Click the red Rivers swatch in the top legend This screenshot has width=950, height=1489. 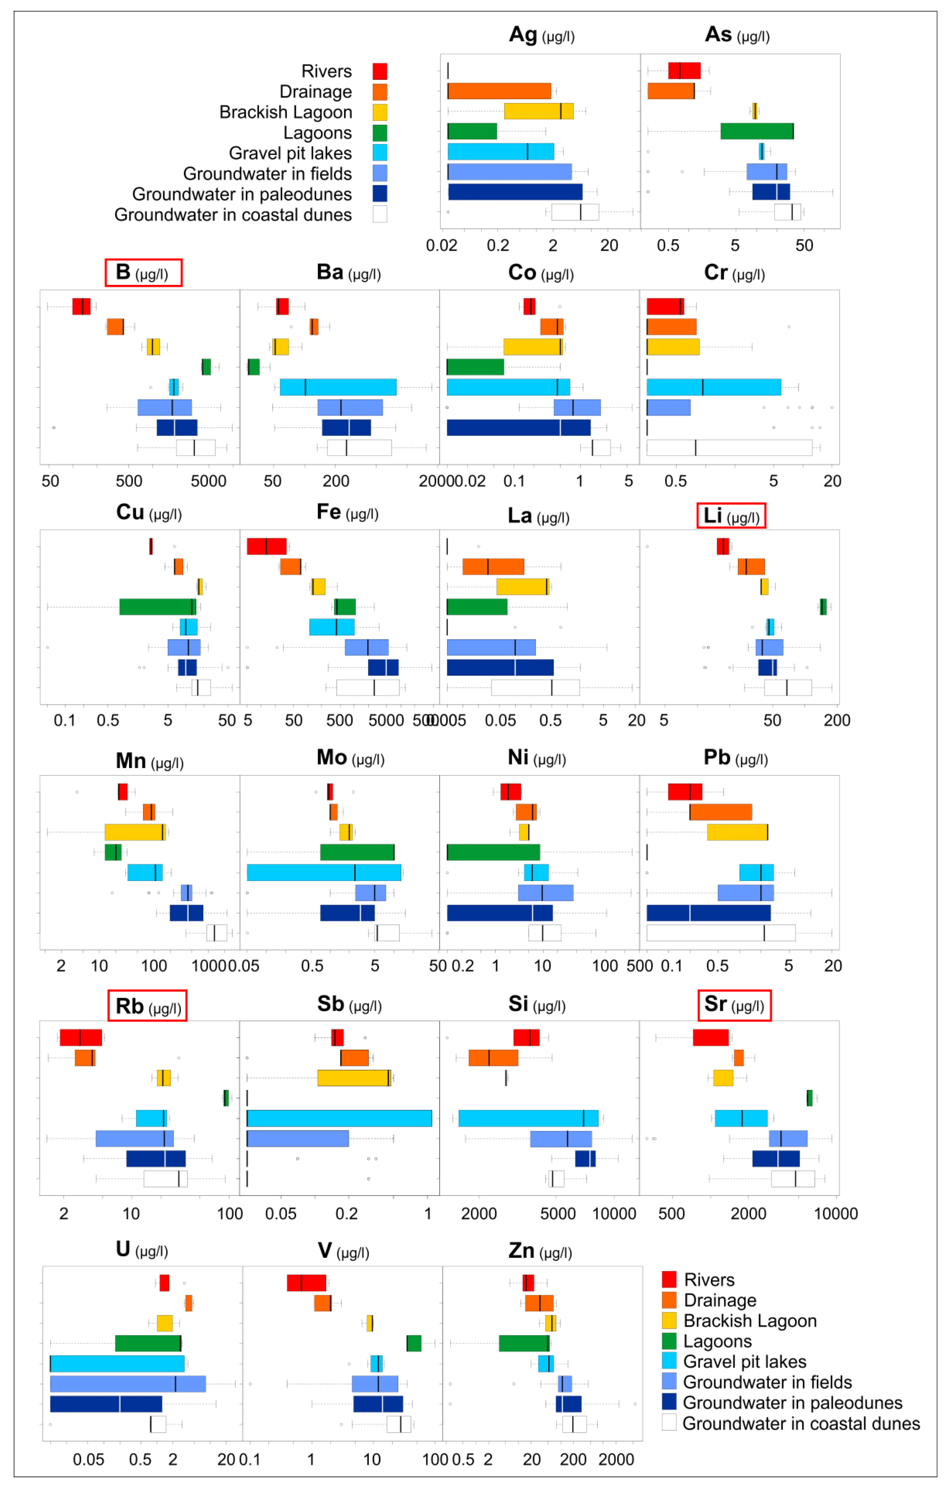tap(380, 71)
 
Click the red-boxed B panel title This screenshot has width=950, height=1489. tap(143, 273)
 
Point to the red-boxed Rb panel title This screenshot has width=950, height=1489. tap(147, 1006)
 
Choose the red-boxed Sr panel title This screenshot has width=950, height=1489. tap(734, 1005)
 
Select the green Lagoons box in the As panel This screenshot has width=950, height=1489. tap(757, 131)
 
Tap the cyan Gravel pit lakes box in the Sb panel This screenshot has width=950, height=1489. tap(339, 1118)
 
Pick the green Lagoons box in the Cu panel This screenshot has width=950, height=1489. tap(157, 606)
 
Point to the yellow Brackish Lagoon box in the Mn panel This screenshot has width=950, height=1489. tap(135, 832)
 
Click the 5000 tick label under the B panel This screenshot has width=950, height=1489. tap(208, 481)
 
